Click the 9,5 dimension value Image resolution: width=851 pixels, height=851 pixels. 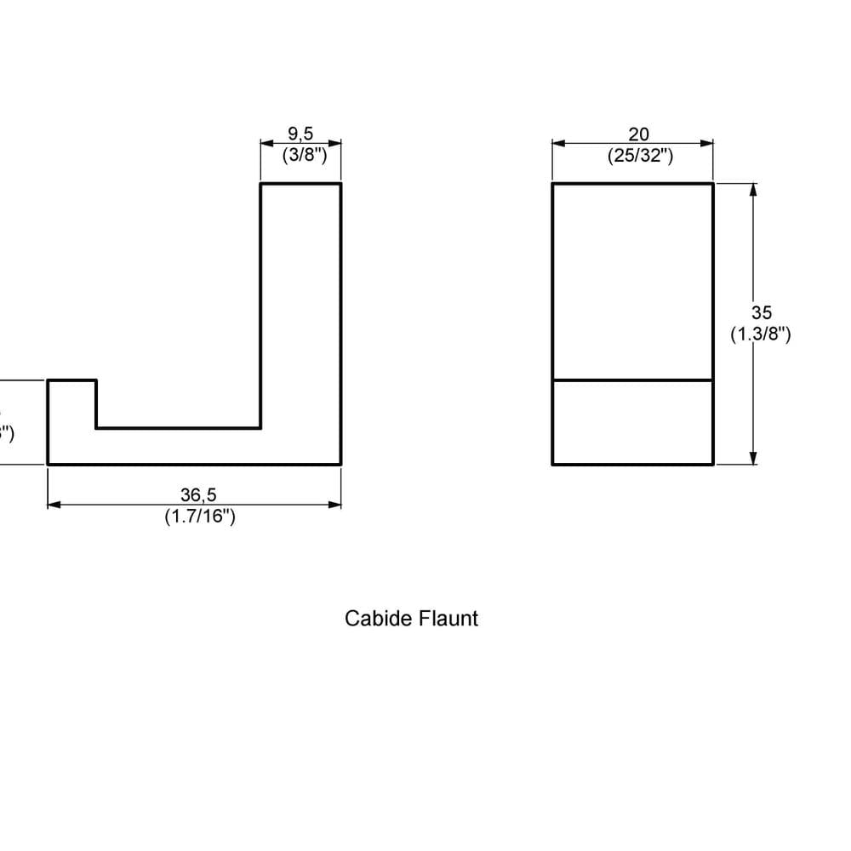pos(300,133)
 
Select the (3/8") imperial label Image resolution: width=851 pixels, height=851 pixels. pos(305,155)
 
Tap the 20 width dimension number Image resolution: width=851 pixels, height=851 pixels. pos(638,134)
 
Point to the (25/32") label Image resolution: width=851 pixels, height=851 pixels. pos(641,156)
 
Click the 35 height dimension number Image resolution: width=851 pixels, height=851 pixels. pos(762,313)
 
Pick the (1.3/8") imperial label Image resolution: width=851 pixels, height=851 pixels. pos(762,334)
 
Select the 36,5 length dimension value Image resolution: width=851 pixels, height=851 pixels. pos(198,494)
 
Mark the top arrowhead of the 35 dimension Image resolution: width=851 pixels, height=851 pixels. pos(753,189)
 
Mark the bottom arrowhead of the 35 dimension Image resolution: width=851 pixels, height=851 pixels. pos(753,459)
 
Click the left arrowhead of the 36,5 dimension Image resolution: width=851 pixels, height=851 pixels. pos(54,505)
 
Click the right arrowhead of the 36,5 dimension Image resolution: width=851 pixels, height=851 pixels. pos(335,505)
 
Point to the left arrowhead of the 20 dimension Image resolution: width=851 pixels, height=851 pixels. pos(558,144)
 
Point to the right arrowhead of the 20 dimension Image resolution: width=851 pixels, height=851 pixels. pos(707,144)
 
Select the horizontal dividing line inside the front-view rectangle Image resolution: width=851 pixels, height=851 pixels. pos(632,380)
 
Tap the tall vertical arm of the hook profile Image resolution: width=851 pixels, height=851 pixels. pos(300,306)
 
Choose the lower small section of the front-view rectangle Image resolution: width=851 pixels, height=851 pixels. pos(632,422)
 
